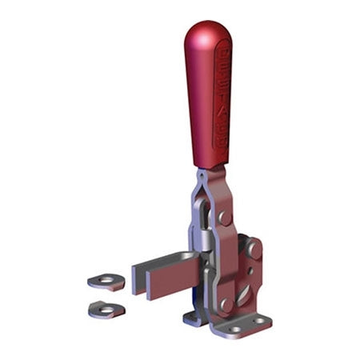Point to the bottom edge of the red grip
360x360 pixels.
[211, 167]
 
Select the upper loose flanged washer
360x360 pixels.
[106, 281]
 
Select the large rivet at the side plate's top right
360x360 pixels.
[254, 249]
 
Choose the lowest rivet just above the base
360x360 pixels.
[226, 304]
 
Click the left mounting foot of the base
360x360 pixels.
[193, 318]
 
